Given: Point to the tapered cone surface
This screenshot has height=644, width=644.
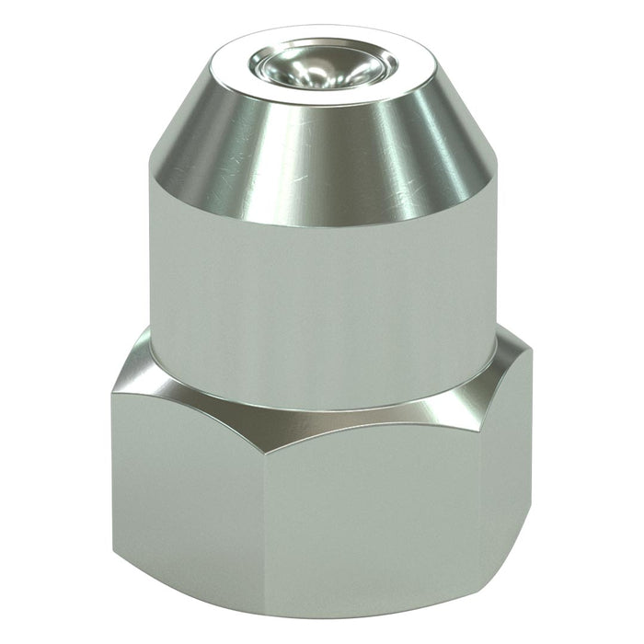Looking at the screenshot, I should (322, 156).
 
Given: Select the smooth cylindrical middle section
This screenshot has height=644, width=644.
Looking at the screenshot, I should (322, 294).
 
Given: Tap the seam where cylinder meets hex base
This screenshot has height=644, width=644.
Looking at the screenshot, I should (322, 405).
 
